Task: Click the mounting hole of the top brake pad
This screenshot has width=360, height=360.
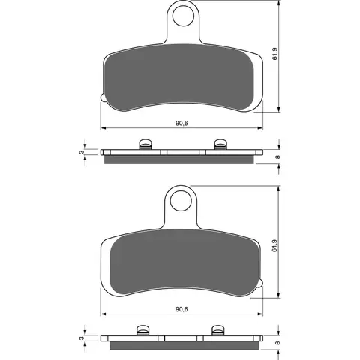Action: pos(183,16)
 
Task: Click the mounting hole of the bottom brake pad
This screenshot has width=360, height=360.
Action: pos(181,201)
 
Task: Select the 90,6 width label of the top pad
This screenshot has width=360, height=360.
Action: pos(181,123)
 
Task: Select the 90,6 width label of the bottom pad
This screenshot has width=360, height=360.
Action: pos(181,309)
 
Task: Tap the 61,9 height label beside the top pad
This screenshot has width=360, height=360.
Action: pos(275,54)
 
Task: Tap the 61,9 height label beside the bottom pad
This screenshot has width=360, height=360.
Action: pos(275,245)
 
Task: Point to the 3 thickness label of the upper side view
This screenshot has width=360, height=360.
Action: pos(82,152)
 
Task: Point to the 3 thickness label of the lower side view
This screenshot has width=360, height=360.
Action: pos(82,338)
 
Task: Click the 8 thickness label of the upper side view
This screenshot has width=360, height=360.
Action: pos(277,157)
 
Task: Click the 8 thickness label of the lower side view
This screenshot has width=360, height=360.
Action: pos(277,343)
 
